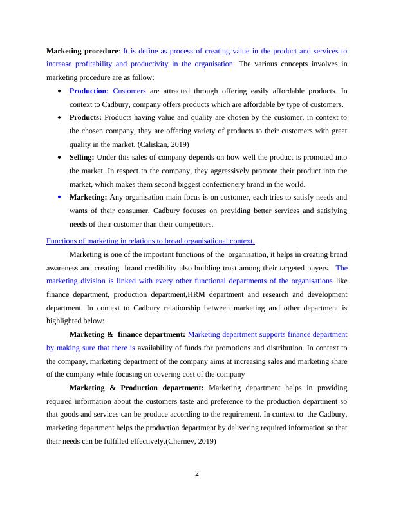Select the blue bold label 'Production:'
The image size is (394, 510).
click(x=89, y=91)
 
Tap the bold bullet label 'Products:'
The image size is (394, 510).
click(x=86, y=118)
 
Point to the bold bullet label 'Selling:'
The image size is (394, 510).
click(x=82, y=157)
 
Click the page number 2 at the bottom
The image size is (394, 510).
click(x=197, y=474)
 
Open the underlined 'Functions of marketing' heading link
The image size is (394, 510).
click(x=151, y=241)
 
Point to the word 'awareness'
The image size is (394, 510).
click(x=64, y=268)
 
